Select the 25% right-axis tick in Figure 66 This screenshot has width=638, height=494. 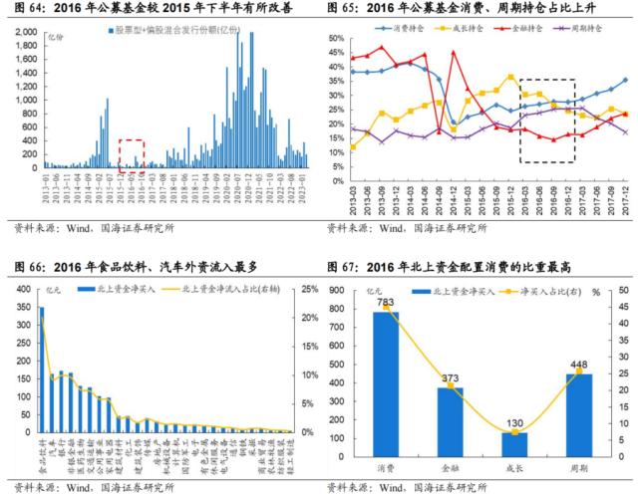click(x=309, y=290)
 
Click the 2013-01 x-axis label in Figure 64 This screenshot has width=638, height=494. click(x=45, y=189)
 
